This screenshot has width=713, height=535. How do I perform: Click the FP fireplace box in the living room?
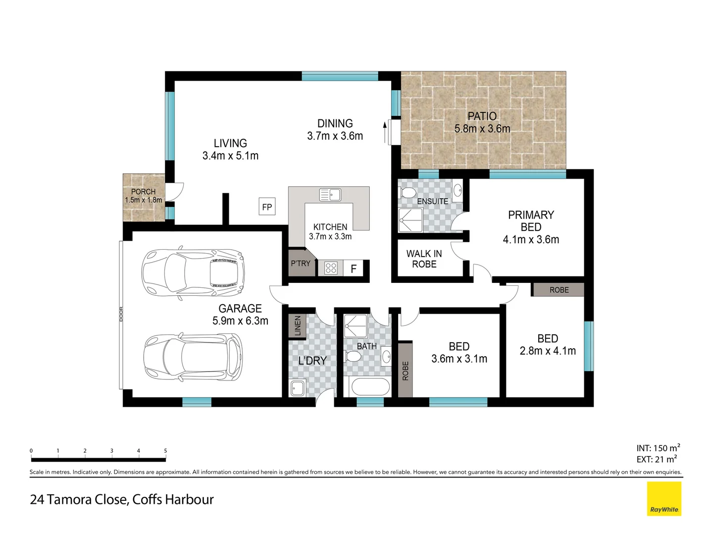click(x=267, y=207)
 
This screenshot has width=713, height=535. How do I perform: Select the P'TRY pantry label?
click(x=301, y=264)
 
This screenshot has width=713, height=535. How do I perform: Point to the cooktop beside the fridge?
click(x=331, y=268)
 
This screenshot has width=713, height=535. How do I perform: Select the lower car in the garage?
click(x=193, y=357)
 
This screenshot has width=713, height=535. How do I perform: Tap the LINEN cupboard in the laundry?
click(x=298, y=326)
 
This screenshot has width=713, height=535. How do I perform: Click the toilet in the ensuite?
click(x=408, y=193)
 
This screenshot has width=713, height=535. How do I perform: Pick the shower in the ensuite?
click(x=410, y=220)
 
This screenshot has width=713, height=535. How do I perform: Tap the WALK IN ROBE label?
click(x=424, y=259)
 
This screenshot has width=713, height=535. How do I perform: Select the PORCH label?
click(x=143, y=192)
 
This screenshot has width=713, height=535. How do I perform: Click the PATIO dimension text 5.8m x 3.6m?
click(x=482, y=129)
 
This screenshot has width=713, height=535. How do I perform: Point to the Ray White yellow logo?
click(x=664, y=499)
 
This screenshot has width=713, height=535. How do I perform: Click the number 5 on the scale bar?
click(x=165, y=451)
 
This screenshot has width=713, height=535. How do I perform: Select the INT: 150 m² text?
click(x=658, y=448)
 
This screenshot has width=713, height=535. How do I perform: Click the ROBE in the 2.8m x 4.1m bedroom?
click(x=559, y=290)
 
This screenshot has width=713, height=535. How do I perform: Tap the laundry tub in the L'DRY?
click(x=297, y=388)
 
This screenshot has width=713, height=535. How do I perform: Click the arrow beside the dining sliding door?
click(x=385, y=132)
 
